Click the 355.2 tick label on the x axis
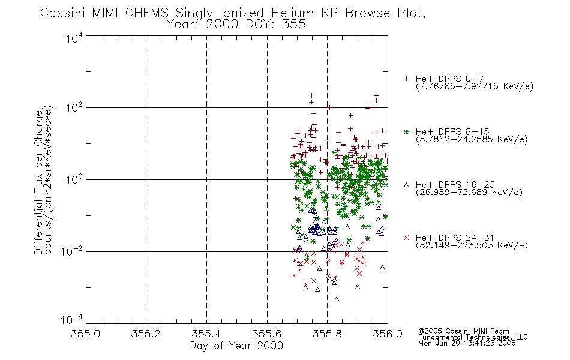(x=146, y=334)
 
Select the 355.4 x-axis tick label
(x=206, y=334)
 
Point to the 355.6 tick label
(x=267, y=334)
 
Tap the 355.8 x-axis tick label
(x=327, y=334)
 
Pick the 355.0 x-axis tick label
(x=86, y=334)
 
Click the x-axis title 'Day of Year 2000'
(x=236, y=346)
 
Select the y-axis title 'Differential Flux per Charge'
(x=38, y=182)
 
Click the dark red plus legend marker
(x=406, y=79)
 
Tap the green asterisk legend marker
(x=406, y=131)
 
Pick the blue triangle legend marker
(x=406, y=184)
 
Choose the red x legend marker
(x=406, y=237)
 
